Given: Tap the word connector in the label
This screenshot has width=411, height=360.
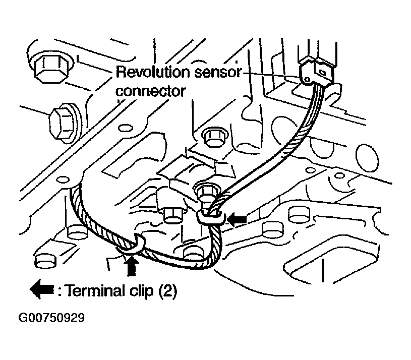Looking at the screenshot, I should (150, 91).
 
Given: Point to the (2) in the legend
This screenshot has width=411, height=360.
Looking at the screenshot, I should (167, 291).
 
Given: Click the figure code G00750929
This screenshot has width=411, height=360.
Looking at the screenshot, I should (52, 318).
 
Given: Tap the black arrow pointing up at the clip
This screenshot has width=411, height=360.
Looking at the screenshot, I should (132, 265).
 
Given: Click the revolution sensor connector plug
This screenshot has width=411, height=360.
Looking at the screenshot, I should (317, 73).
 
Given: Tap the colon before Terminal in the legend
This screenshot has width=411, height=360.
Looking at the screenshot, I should (60, 291).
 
